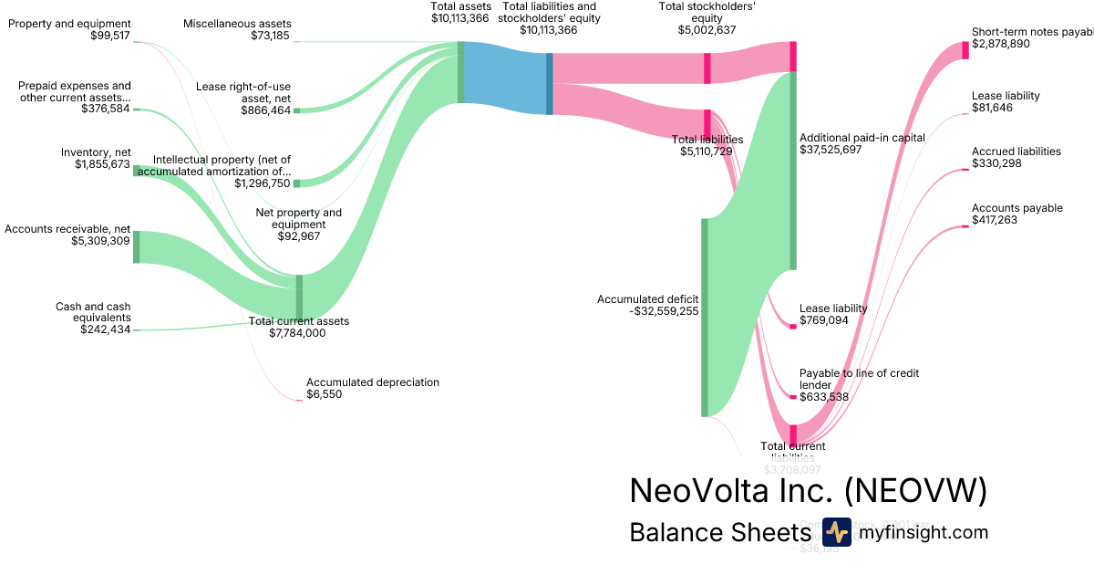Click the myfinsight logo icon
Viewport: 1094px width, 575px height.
[836, 532]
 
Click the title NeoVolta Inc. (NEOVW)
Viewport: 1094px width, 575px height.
[808, 491]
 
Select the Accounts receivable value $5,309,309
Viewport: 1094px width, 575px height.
[100, 242]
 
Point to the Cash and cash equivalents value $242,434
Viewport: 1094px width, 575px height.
[105, 329]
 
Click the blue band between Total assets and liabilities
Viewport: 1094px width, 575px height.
[504, 78]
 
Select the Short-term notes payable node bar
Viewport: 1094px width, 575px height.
[965, 50]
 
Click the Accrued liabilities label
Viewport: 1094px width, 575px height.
[1016, 152]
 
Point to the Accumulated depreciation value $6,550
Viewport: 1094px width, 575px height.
[324, 394]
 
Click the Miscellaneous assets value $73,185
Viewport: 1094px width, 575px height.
[271, 36]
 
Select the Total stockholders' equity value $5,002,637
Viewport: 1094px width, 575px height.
[707, 30]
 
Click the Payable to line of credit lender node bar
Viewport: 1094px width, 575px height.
[793, 397]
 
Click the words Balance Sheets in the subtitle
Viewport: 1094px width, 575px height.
[719, 533]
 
